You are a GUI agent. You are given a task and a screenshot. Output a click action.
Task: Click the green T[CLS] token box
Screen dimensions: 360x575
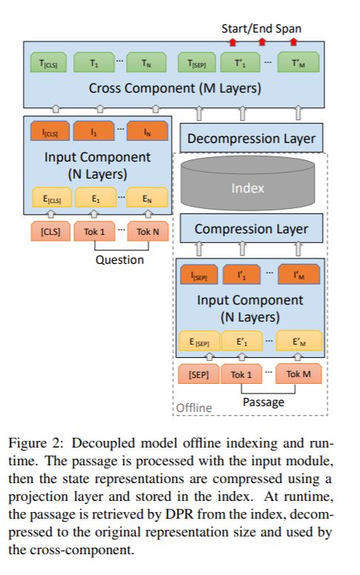[x=48, y=62]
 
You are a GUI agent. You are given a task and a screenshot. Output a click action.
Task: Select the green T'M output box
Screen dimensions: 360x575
[x=299, y=62]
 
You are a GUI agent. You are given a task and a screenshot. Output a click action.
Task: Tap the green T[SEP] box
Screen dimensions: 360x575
[x=197, y=62]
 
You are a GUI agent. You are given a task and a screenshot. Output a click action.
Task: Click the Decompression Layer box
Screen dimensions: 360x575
[x=252, y=139]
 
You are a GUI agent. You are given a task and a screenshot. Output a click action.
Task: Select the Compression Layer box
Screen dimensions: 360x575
[x=252, y=228]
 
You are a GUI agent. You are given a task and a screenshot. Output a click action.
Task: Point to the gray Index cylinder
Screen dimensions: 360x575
[x=248, y=183]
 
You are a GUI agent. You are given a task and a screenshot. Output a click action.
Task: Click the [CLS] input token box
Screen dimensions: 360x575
[x=50, y=231]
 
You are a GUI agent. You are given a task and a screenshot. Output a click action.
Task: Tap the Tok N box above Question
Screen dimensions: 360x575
[x=147, y=231]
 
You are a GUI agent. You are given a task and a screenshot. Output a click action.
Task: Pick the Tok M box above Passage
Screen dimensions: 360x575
[x=299, y=373]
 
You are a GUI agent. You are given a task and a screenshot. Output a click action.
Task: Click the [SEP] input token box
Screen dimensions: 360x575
[x=199, y=374]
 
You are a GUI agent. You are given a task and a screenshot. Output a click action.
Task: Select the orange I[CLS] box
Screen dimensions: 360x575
[x=50, y=131]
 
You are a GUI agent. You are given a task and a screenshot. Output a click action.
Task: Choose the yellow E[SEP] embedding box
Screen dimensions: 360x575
[x=199, y=342]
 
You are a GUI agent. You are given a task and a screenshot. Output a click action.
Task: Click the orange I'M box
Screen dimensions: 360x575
[x=299, y=274]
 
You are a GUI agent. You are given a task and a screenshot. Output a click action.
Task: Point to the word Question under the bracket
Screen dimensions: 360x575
[x=119, y=259]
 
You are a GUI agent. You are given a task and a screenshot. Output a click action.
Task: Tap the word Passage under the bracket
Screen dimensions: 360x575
[x=264, y=402]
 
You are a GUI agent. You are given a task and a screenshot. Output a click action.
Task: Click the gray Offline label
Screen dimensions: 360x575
[x=194, y=408]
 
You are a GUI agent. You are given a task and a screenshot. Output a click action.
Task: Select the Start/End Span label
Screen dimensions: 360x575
[x=261, y=29]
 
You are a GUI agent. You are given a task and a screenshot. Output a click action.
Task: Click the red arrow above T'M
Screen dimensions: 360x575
[x=293, y=41]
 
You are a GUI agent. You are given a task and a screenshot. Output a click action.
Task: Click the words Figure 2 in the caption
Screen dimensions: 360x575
[x=36, y=443]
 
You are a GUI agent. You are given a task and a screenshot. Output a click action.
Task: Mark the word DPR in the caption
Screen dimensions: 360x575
[x=179, y=514]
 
